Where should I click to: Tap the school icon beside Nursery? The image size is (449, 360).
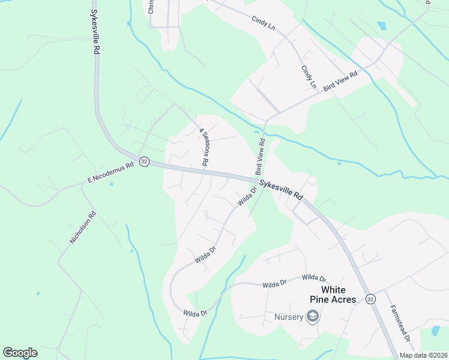[x=312, y=316]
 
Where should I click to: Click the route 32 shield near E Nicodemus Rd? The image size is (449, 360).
[x=144, y=162]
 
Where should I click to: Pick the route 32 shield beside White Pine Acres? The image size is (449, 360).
[x=370, y=299]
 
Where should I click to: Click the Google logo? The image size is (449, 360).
[x=20, y=353]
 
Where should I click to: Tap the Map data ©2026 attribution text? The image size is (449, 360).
[x=423, y=355]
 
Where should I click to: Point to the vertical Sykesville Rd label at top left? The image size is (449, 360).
[x=95, y=33]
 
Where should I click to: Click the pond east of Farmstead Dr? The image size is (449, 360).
[x=436, y=331]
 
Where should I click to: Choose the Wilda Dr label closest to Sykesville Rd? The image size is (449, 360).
[x=247, y=196]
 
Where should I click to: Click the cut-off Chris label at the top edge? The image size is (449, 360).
[x=151, y=7]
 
